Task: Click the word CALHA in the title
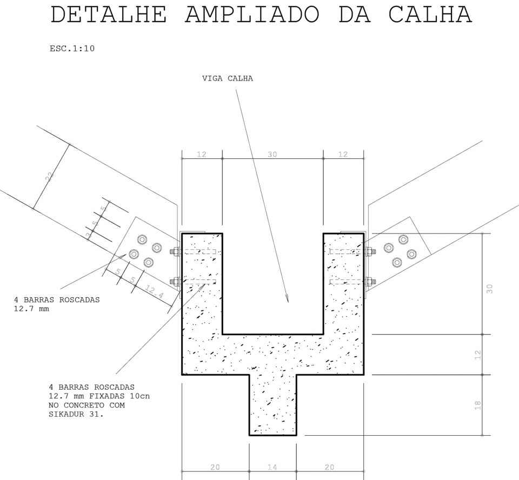coord(430,15)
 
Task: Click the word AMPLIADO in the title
coord(252,15)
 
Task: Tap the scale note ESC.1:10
coord(72,49)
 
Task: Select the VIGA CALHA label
coord(228,78)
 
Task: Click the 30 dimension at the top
coord(272,154)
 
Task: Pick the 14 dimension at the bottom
coord(272,467)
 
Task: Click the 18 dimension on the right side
coord(477,405)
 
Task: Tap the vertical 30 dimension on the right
coord(490,289)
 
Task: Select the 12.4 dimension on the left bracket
coord(154,292)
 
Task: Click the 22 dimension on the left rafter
coord(50,176)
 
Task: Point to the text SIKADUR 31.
coord(76,414)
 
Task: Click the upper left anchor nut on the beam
coord(175,251)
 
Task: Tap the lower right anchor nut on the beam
coord(371,282)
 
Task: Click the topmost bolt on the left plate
coord(142,239)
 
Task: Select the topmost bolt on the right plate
coord(403,239)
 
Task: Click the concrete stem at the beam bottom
coord(272,405)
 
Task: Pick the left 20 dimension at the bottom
coord(215,467)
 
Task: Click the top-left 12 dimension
coord(202,154)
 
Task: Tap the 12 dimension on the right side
coord(477,355)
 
